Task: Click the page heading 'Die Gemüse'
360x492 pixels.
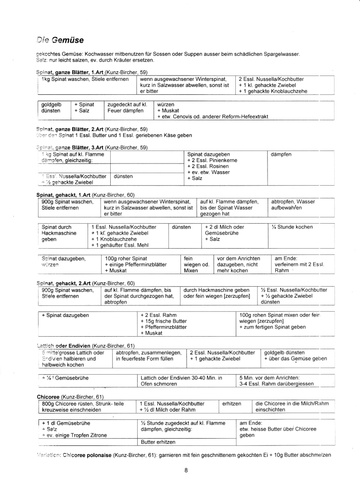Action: coord(60,39)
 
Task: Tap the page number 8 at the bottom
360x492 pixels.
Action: coord(186,470)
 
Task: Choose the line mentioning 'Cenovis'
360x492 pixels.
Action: coord(212,117)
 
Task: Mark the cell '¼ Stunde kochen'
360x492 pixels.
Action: coord(292,227)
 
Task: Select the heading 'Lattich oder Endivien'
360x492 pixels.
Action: coord(65,346)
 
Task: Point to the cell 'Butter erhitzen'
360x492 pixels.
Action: coord(158,442)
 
